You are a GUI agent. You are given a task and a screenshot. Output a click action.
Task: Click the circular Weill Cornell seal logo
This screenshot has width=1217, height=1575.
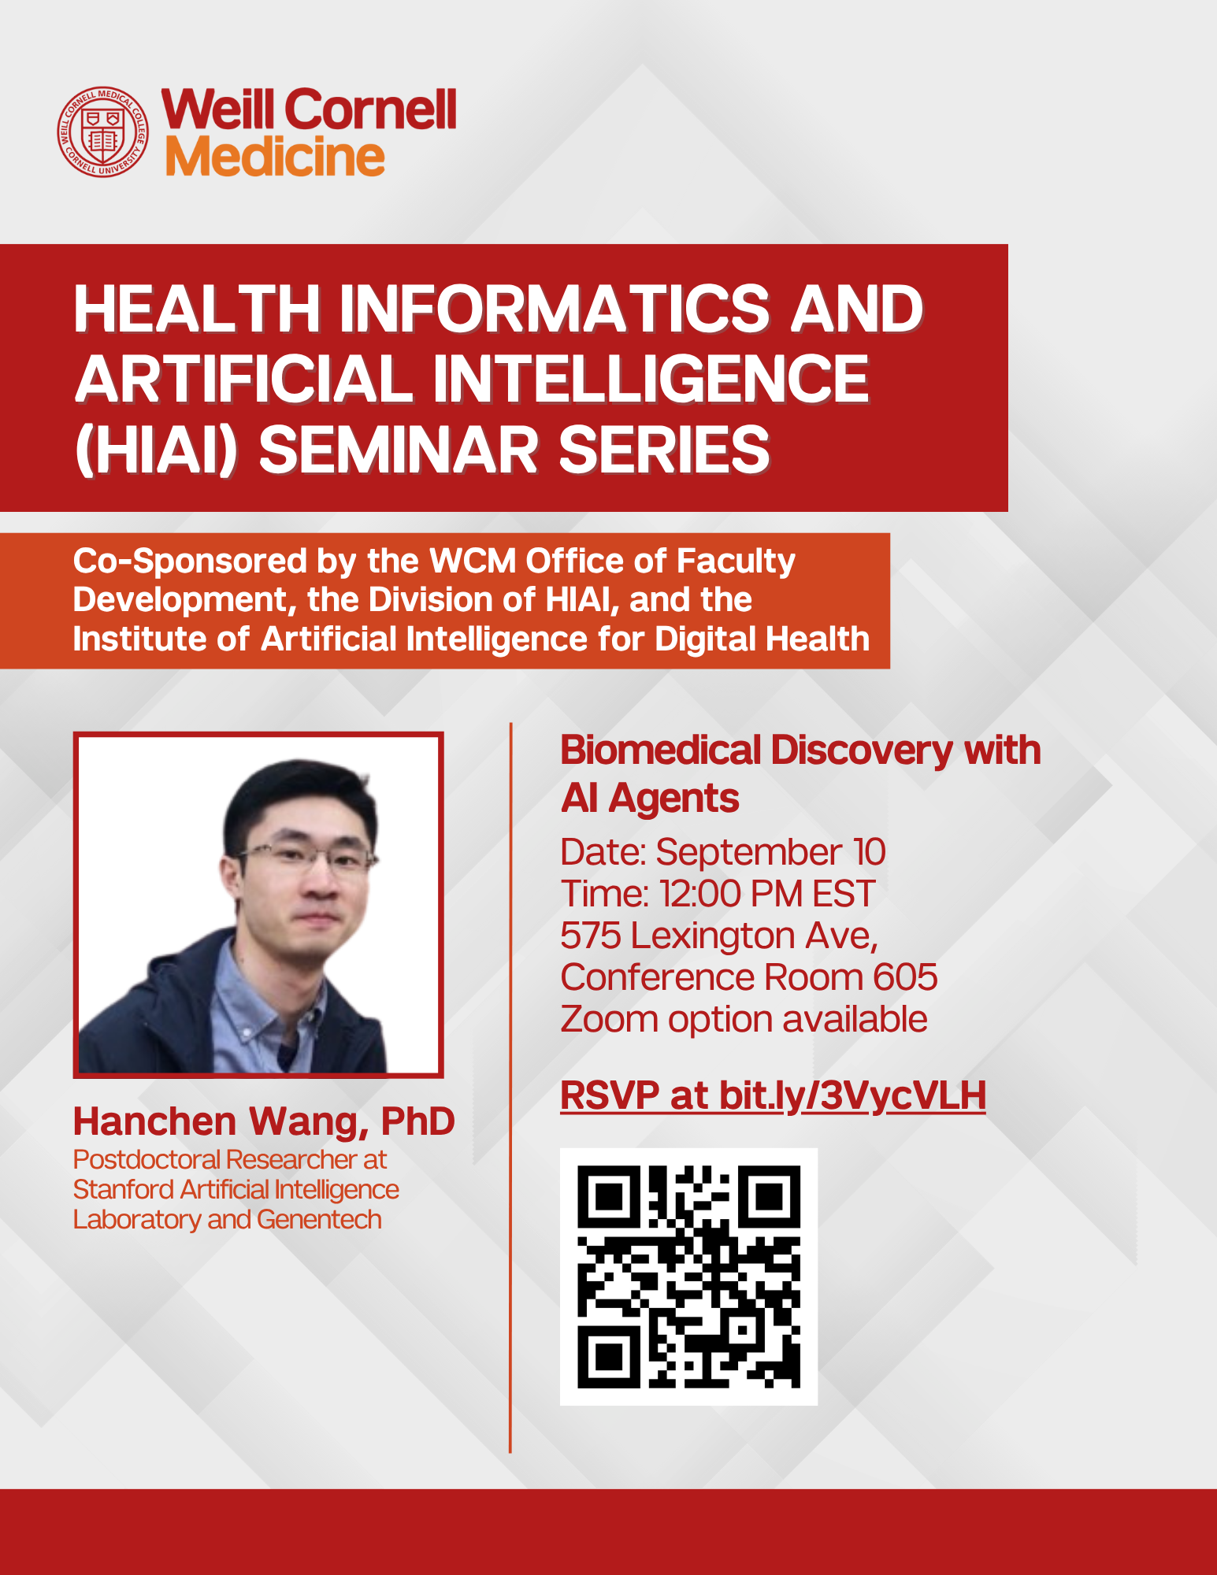click(103, 132)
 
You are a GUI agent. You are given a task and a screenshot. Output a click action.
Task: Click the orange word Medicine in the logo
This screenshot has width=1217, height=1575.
click(275, 157)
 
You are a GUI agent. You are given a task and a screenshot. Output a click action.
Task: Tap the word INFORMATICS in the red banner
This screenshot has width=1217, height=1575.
click(554, 308)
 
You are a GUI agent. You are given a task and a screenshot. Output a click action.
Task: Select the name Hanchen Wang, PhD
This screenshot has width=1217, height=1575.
click(264, 1121)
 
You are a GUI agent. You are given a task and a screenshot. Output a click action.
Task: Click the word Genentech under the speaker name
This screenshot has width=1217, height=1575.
click(319, 1219)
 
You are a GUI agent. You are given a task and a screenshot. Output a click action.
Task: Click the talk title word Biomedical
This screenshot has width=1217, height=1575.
click(660, 750)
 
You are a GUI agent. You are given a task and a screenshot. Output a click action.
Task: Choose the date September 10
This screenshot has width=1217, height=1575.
click(770, 852)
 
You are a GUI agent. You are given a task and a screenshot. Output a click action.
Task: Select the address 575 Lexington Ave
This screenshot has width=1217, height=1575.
click(718, 936)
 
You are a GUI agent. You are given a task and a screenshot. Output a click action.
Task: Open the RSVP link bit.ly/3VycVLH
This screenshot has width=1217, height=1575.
click(852, 1095)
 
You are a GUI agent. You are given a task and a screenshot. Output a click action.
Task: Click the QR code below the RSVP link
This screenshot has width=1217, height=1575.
click(688, 1277)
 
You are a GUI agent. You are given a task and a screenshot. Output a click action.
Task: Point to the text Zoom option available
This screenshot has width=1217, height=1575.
click(744, 1019)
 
